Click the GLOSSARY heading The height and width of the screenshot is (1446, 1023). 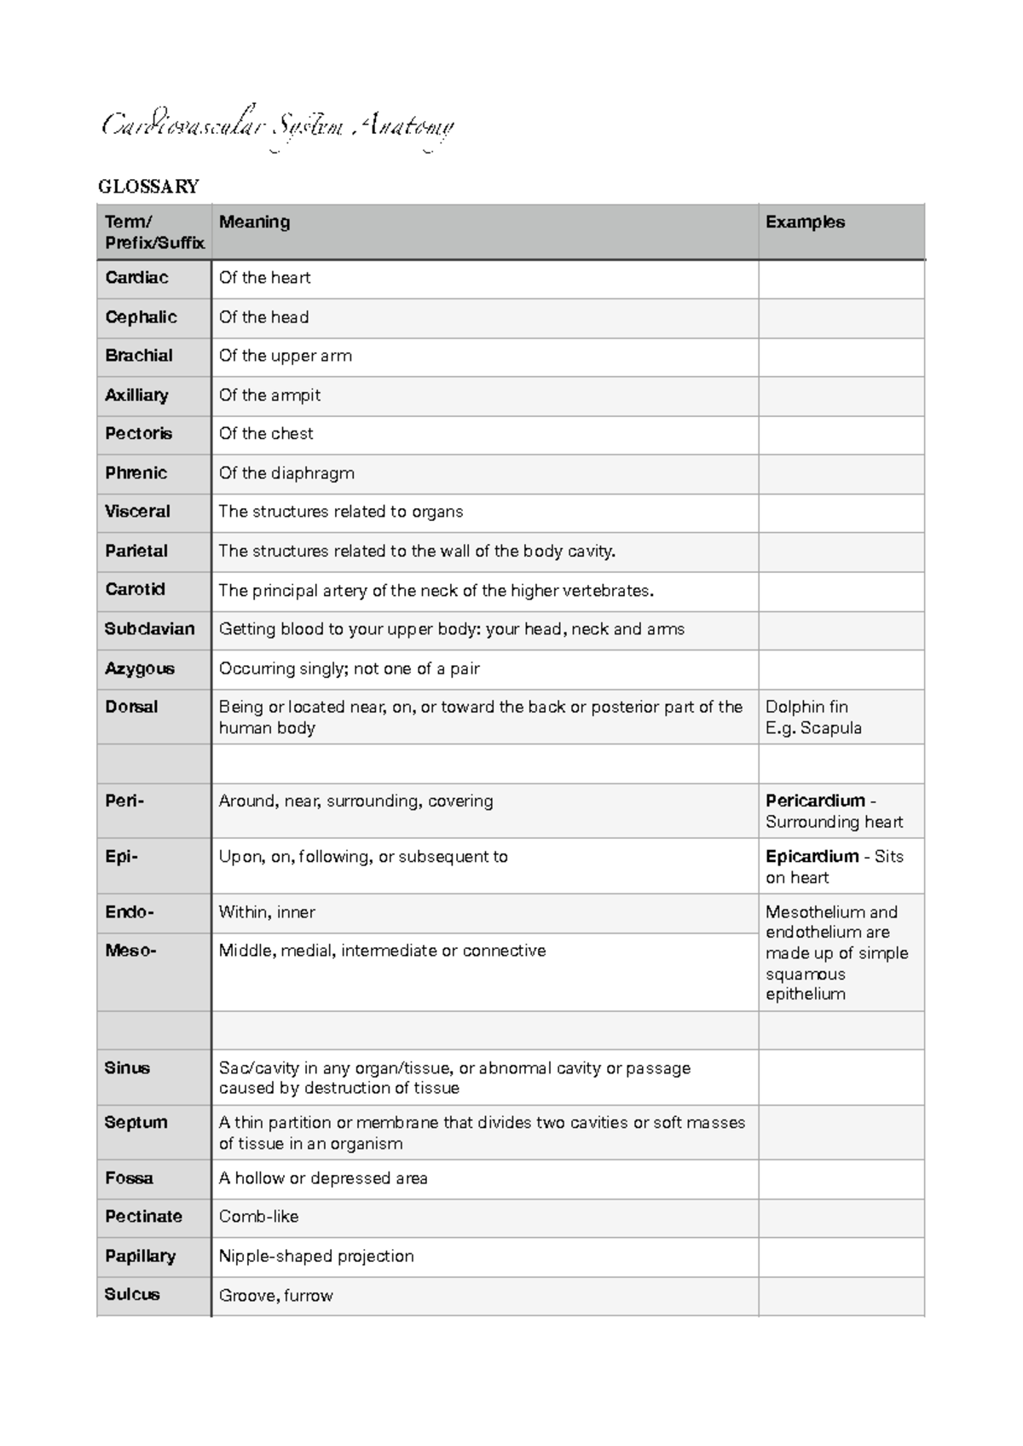tap(148, 187)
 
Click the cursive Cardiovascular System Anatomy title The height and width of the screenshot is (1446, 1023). tap(278, 128)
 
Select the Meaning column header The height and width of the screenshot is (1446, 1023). tap(254, 222)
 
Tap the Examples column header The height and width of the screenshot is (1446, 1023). tap(805, 222)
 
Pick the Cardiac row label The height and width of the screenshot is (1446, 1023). tap(136, 278)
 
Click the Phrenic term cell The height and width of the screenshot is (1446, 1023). tap(136, 473)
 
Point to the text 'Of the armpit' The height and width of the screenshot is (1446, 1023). tap(269, 396)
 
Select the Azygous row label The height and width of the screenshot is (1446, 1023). tap(139, 668)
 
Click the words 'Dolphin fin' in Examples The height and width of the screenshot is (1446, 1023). tap(806, 707)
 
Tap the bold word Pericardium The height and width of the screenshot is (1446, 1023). tap(815, 801)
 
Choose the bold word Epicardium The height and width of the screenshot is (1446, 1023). tap(812, 856)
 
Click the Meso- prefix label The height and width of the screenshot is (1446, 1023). tap(130, 950)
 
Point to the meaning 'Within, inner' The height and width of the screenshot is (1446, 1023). tap(267, 912)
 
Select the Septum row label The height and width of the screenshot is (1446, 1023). tap(136, 1123)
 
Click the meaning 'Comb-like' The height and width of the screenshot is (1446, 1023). tap(258, 1217)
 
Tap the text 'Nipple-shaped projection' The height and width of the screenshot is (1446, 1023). tap(316, 1256)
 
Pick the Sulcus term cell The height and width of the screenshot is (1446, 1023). tap(132, 1294)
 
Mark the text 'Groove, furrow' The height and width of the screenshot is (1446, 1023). tap(275, 1296)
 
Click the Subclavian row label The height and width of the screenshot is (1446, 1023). tap(149, 629)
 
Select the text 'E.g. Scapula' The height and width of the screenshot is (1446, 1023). tap(812, 728)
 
